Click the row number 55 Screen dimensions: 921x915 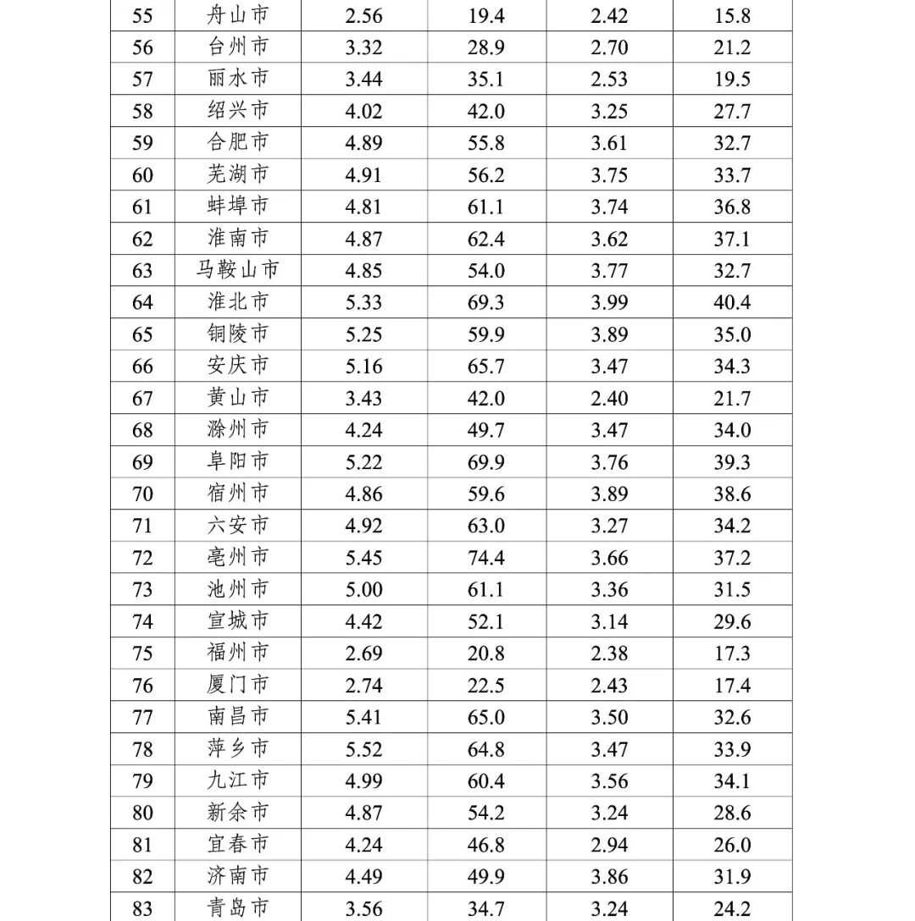(x=142, y=15)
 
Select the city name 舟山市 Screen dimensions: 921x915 (x=238, y=14)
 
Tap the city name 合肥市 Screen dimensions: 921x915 (x=238, y=142)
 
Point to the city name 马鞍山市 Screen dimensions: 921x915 (x=238, y=270)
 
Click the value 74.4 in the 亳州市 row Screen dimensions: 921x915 (x=485, y=558)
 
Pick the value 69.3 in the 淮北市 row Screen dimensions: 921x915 (x=485, y=302)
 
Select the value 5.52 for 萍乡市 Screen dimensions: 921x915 (x=363, y=749)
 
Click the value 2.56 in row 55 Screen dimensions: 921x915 (x=363, y=15)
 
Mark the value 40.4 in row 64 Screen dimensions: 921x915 (x=732, y=302)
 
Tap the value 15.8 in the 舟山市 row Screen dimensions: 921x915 (x=732, y=15)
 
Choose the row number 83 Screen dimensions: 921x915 (x=142, y=909)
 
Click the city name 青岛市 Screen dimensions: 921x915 (x=238, y=908)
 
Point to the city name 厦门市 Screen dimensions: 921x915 (x=238, y=685)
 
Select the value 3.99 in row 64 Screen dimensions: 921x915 (x=609, y=302)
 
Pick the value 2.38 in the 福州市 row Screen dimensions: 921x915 (x=609, y=654)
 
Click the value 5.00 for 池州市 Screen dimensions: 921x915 (x=363, y=589)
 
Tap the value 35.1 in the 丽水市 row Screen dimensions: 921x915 (x=485, y=79)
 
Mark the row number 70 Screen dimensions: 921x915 (x=142, y=494)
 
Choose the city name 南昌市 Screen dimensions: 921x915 (x=238, y=717)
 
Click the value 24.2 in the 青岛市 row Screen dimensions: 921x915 (x=732, y=909)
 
